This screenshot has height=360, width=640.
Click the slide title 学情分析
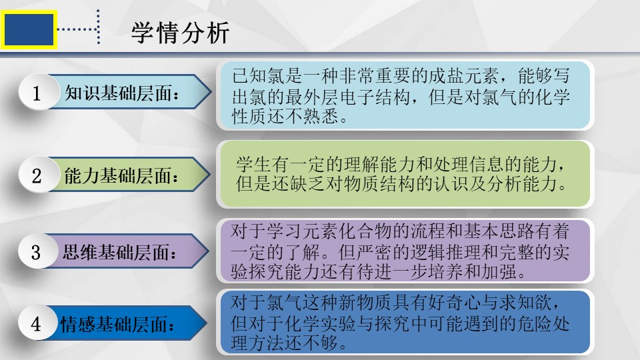pyautogui.click(x=181, y=33)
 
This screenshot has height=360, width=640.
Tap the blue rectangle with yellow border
pyautogui.click(x=29, y=29)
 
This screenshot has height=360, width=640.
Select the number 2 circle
pyautogui.click(x=37, y=175)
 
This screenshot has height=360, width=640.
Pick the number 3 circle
pyautogui.click(x=36, y=251)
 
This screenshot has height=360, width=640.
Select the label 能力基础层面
pyautogui.click(x=121, y=176)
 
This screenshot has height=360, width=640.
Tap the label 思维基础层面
pyautogui.click(x=119, y=252)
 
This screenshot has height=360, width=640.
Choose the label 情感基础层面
pyautogui.click(x=117, y=325)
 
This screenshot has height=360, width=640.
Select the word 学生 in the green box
pyautogui.click(x=254, y=165)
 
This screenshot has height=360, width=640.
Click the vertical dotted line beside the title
pyautogui.click(x=99, y=27)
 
